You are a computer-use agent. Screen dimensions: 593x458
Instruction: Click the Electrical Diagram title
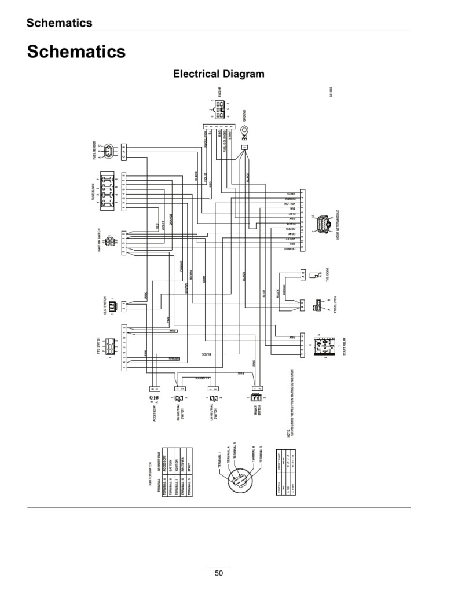tap(219, 74)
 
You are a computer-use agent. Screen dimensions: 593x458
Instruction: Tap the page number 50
tap(219, 573)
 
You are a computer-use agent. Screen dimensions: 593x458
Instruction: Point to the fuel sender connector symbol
tap(110, 152)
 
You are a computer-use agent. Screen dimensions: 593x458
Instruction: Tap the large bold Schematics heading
tap(76, 52)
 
